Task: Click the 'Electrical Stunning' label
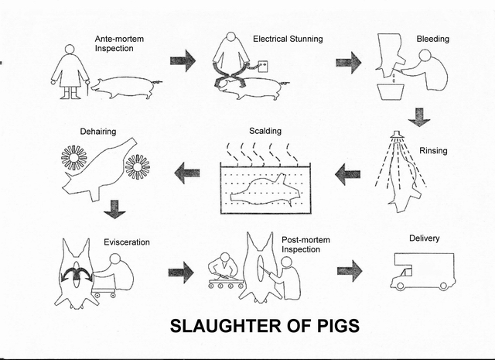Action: point(288,39)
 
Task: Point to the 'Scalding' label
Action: point(265,131)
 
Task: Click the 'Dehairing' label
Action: point(98,132)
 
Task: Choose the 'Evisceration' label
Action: point(127,242)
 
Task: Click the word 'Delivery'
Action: point(424,240)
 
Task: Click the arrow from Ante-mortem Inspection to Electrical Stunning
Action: point(183,60)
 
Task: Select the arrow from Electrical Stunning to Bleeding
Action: point(349,62)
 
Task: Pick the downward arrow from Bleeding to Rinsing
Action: point(418,116)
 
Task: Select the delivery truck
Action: point(422,271)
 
